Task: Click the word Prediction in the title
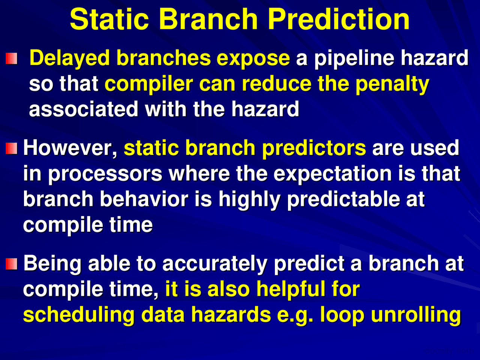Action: [339, 19]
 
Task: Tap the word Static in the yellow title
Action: [109, 19]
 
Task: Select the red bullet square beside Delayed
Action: [11, 58]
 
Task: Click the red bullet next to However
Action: [11, 148]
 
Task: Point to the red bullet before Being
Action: [11, 264]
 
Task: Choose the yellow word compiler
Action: [149, 84]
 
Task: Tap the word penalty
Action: [392, 84]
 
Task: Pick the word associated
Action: [84, 109]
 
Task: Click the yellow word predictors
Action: [314, 148]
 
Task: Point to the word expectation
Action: [333, 174]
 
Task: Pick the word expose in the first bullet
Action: [253, 59]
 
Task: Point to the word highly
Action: [249, 199]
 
